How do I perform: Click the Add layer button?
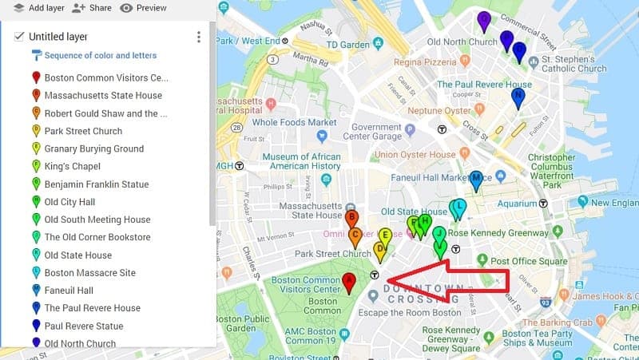(x=38, y=8)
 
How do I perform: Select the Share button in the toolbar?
(x=91, y=8)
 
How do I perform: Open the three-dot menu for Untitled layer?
(x=198, y=37)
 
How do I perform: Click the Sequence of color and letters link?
(x=100, y=56)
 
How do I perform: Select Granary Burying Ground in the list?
(x=93, y=148)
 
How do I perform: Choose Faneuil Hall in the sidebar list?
(x=69, y=291)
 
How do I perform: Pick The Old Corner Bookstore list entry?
(x=97, y=237)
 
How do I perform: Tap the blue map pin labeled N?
(x=518, y=98)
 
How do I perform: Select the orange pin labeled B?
(x=351, y=219)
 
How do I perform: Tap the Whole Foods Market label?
(x=295, y=122)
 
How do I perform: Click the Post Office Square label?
(x=528, y=261)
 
